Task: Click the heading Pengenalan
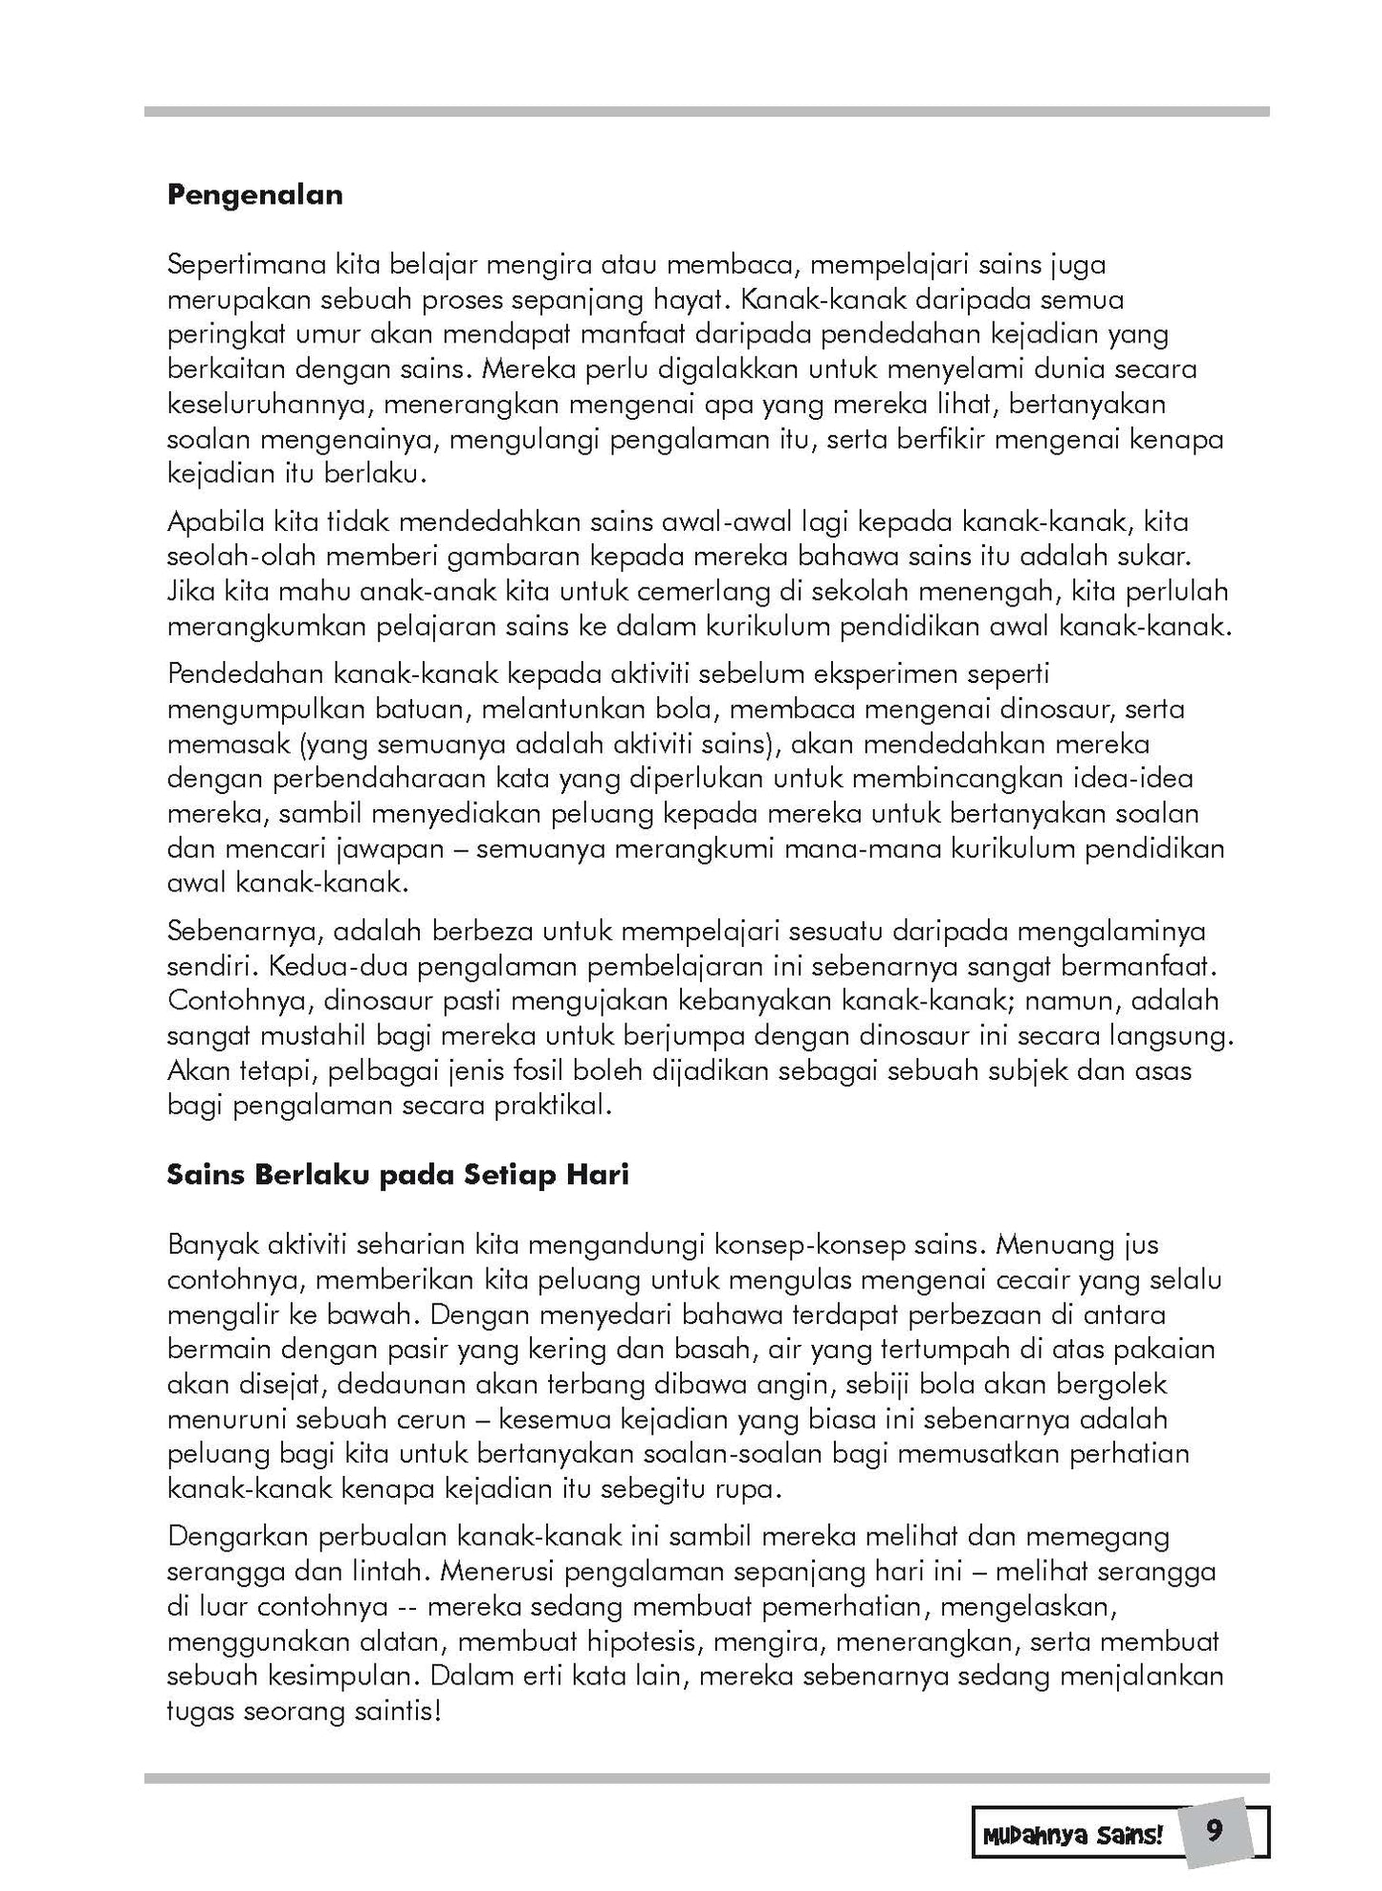[x=254, y=195]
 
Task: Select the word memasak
[x=210, y=744]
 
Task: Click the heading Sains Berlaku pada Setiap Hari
[x=398, y=1175]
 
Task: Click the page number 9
[x=1215, y=1832]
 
